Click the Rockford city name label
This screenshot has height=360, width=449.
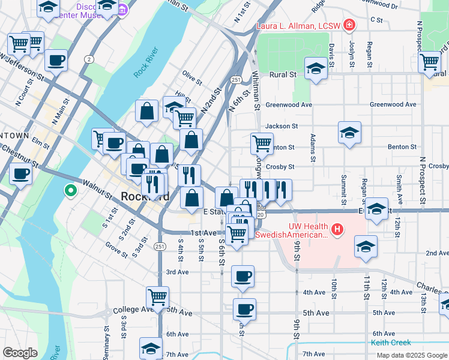(145, 196)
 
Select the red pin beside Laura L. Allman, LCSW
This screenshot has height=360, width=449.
(349, 25)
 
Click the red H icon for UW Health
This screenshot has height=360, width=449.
(337, 229)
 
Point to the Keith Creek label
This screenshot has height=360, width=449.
(391, 343)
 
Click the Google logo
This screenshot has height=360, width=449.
(20, 353)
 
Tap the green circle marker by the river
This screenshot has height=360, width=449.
(70, 191)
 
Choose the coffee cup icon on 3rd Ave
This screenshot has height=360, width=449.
(243, 276)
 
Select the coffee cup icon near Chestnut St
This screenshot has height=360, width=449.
(20, 174)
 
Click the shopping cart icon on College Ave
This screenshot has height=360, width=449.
(157, 296)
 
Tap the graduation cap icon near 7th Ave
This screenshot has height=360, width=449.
(151, 347)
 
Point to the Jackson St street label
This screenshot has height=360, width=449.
(282, 126)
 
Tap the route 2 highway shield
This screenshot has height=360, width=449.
(89, 59)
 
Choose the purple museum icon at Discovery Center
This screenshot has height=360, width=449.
(123, 9)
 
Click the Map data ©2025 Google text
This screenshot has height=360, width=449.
(411, 355)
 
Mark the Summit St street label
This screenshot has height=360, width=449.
(343, 185)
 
